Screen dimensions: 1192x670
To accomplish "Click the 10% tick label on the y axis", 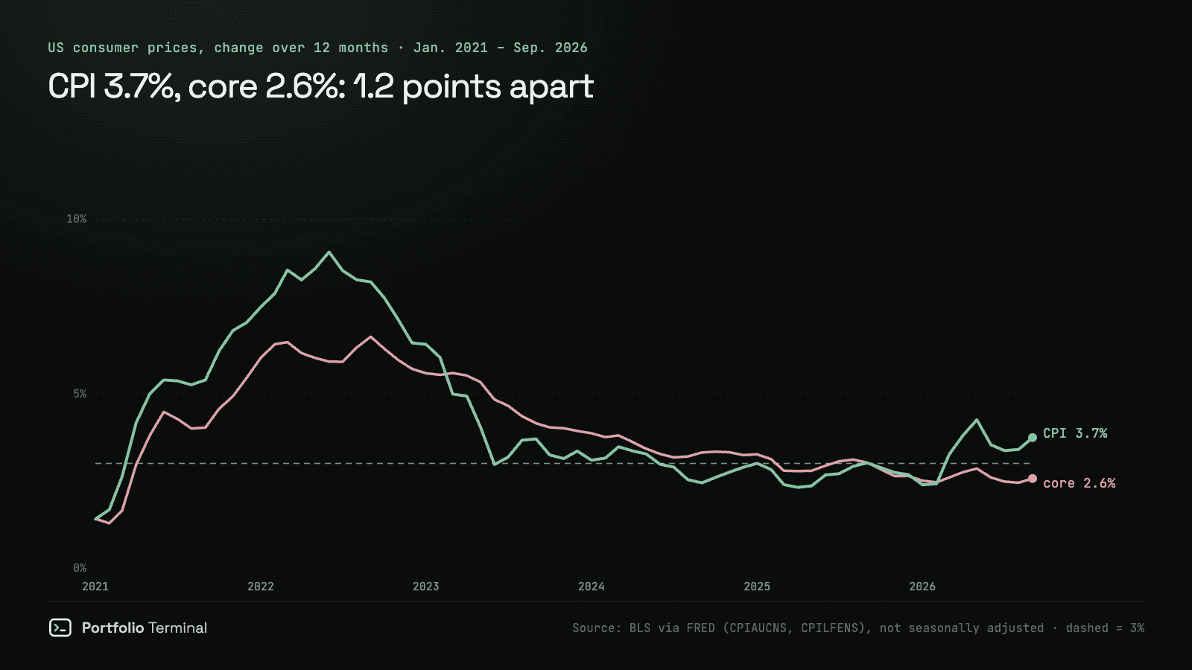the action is point(76,219).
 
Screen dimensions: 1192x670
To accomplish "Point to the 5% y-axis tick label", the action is point(80,394).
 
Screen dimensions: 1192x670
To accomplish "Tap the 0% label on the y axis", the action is point(80,569).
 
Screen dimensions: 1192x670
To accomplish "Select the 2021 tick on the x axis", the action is point(95,587).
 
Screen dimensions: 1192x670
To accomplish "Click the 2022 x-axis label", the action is point(261,587).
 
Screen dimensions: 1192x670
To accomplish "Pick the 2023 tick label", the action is point(425,587).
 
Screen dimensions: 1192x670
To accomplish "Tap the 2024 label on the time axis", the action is point(592,587).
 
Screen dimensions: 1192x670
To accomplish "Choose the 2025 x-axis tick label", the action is point(757,587).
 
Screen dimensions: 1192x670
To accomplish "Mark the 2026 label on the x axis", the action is point(922,587).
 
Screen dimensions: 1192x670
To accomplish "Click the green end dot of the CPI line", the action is point(1033,438).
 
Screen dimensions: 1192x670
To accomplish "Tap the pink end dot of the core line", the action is point(1033,479).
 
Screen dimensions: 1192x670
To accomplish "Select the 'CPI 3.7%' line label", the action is point(1075,433).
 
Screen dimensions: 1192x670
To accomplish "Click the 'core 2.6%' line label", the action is point(1080,483).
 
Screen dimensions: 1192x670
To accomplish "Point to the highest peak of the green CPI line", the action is point(329,252).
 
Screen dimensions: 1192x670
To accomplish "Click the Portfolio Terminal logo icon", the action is point(60,628).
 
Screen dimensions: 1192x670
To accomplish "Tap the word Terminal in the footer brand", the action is point(178,628).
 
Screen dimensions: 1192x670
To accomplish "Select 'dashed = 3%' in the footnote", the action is point(1105,628).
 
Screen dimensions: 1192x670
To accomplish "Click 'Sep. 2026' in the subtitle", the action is point(551,48).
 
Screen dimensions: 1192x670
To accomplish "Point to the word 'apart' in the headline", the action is point(551,87).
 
